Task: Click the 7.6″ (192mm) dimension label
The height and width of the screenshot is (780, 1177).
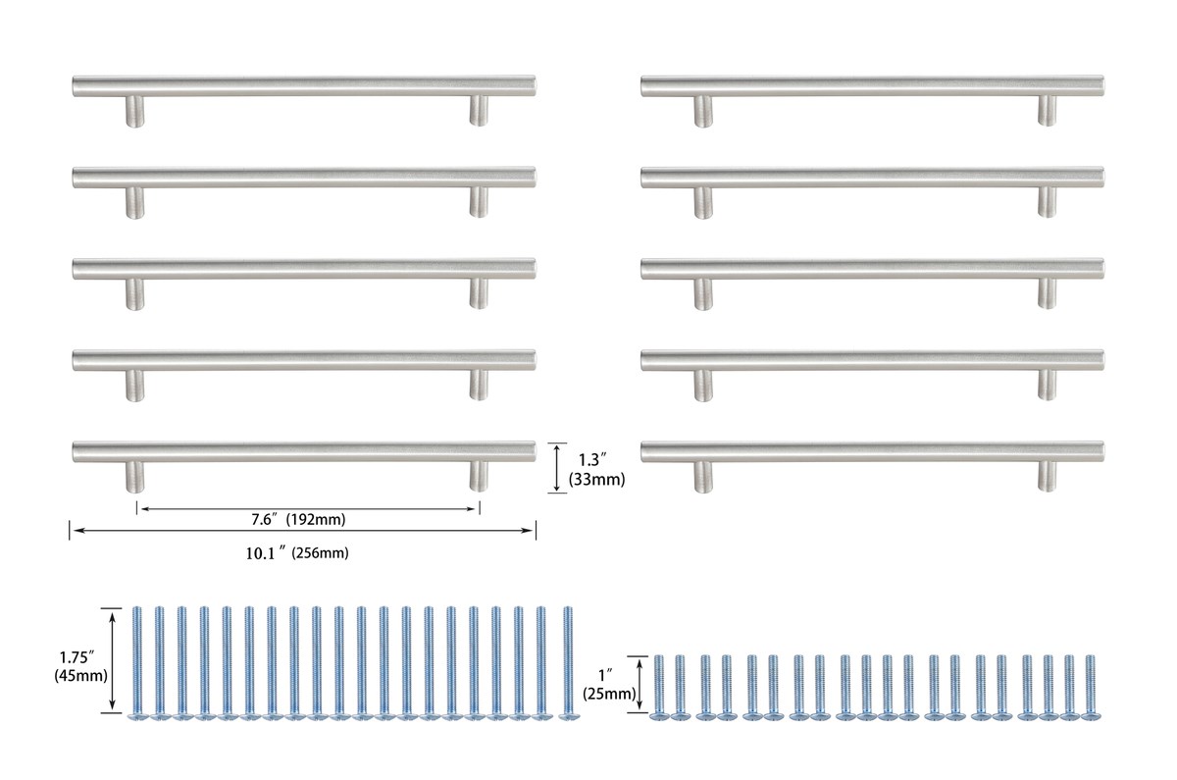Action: coord(298,520)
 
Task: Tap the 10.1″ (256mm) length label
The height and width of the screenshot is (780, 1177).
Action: coord(297,553)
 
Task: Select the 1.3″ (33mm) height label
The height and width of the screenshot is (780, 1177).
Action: coord(596,470)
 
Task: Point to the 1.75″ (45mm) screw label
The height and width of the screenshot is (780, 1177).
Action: coord(80,666)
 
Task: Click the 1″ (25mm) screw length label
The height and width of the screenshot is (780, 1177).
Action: coord(609,685)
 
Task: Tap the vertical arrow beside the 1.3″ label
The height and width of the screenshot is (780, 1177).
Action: coord(557,468)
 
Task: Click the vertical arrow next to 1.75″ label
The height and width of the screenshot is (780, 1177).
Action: coord(112,660)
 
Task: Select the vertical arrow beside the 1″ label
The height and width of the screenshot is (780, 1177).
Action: coord(640,685)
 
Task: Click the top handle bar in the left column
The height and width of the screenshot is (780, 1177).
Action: coord(304,85)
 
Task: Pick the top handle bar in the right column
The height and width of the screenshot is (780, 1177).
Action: coord(872,86)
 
